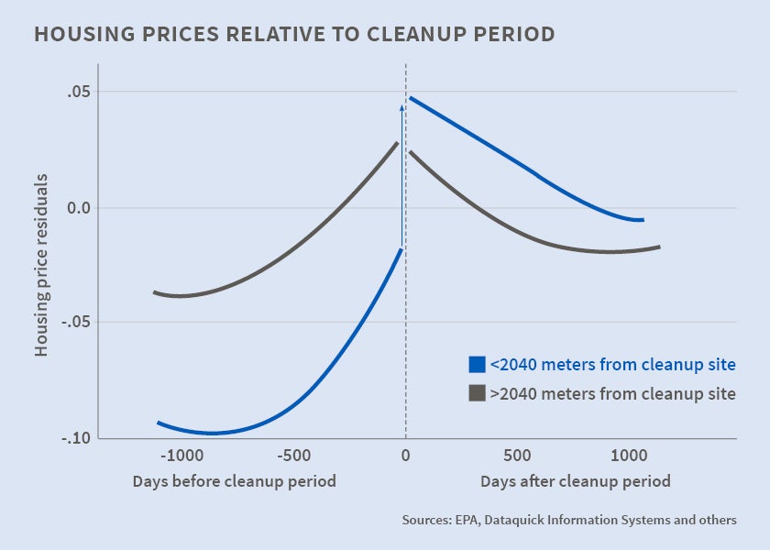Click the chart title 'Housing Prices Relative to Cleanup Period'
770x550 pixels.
[x=293, y=35]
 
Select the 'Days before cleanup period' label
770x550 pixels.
[x=234, y=481]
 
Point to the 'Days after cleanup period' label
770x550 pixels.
[x=575, y=481]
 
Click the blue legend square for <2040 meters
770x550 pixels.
[x=477, y=365]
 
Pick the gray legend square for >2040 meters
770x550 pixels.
[x=477, y=393]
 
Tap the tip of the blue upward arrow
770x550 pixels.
[x=401, y=106]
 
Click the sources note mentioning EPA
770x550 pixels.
[x=568, y=520]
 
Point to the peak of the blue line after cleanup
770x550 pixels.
[x=411, y=97]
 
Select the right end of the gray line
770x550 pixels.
[x=659, y=247]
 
